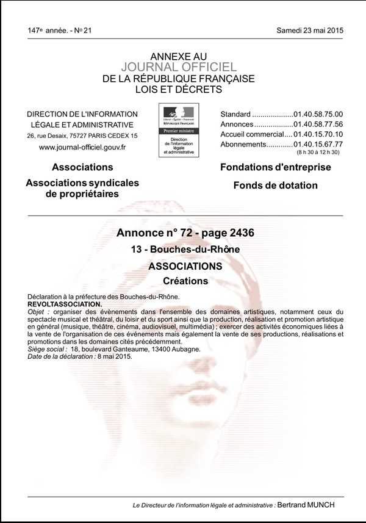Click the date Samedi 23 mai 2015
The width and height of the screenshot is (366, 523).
[x=310, y=30]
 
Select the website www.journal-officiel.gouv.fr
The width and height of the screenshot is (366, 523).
[x=82, y=147]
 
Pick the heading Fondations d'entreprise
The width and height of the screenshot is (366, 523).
[x=274, y=167]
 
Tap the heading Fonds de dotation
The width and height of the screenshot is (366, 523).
[x=274, y=185]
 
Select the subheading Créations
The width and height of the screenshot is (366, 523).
[x=186, y=281]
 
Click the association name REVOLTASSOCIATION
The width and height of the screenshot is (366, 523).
[x=65, y=303]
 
